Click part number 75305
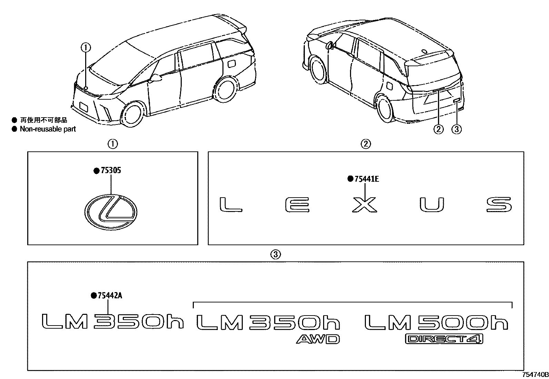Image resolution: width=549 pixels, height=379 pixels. [x=111, y=171]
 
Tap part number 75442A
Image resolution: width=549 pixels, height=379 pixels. [x=110, y=296]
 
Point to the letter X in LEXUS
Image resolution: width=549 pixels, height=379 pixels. [x=365, y=205]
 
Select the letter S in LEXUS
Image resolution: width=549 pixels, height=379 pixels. [x=499, y=205]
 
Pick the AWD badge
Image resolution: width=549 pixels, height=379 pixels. [x=318, y=339]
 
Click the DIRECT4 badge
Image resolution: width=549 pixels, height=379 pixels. [x=443, y=339]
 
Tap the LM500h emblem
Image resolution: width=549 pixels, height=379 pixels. [x=436, y=322]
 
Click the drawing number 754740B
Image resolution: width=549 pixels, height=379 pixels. [x=535, y=375]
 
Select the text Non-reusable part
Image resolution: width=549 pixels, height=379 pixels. [x=48, y=129]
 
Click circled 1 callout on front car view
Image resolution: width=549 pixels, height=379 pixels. [x=86, y=47]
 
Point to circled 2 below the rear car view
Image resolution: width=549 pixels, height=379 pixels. [x=438, y=129]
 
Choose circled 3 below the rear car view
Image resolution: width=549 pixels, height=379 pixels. [x=457, y=129]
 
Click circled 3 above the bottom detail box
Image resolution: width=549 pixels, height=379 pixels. [x=275, y=255]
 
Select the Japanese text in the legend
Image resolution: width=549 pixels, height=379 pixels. [x=43, y=120]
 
